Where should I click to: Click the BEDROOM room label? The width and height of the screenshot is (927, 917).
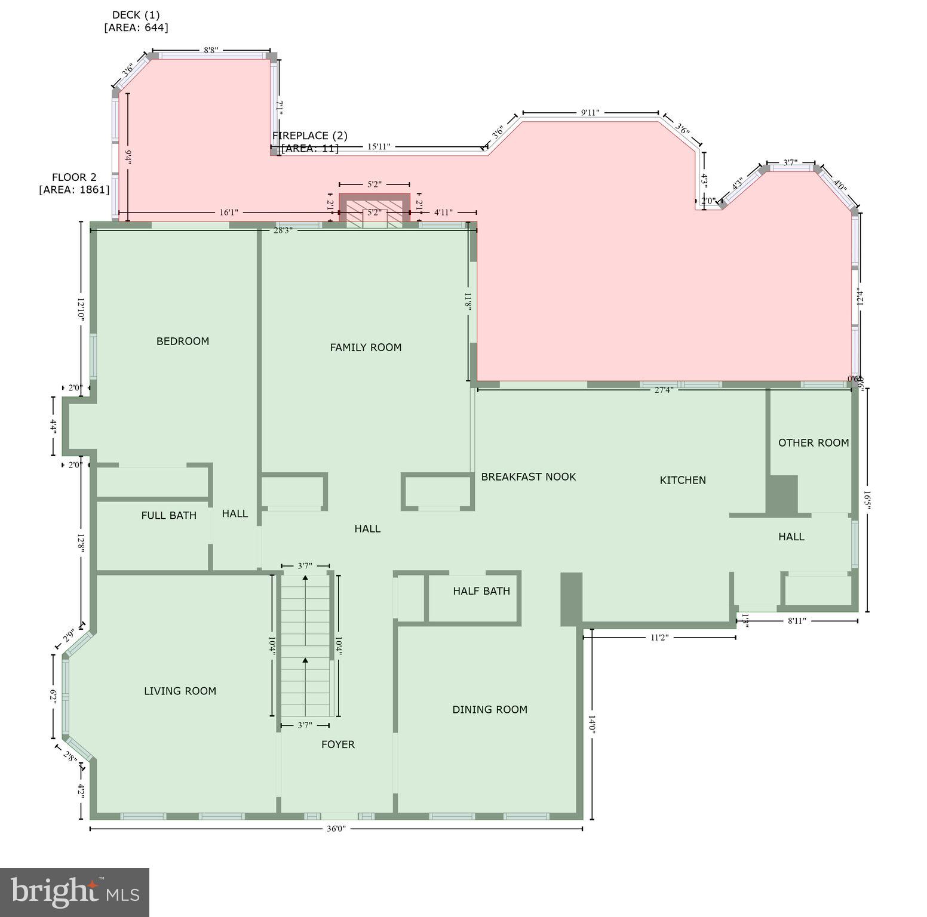tap(183, 341)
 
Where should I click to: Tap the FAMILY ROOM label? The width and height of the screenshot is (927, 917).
tap(366, 347)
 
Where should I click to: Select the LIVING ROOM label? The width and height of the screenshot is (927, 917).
tap(180, 691)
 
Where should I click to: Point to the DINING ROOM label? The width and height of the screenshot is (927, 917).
tap(490, 710)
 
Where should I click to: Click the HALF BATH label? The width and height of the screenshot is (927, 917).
tap(481, 591)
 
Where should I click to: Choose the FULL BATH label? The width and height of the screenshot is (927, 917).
tap(168, 515)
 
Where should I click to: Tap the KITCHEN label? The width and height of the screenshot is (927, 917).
tap(683, 480)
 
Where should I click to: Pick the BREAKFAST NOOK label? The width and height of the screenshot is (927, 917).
tap(529, 477)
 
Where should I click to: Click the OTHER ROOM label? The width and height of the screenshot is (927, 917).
tap(814, 443)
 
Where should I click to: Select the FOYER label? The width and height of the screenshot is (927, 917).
tap(338, 744)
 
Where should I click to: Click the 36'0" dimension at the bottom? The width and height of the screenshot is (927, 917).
tap(336, 829)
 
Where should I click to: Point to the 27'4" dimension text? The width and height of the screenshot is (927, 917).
tap(664, 390)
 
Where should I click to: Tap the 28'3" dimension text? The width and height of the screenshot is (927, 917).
tap(283, 230)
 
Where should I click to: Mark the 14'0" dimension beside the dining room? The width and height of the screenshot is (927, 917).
tap(592, 724)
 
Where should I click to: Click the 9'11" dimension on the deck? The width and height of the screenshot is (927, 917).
tap(590, 113)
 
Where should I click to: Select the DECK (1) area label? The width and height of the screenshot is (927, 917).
tap(136, 21)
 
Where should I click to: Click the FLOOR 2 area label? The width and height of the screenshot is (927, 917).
tap(74, 183)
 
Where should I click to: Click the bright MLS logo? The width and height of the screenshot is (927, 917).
tap(75, 892)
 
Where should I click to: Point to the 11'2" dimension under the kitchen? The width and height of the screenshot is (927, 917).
tap(658, 638)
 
